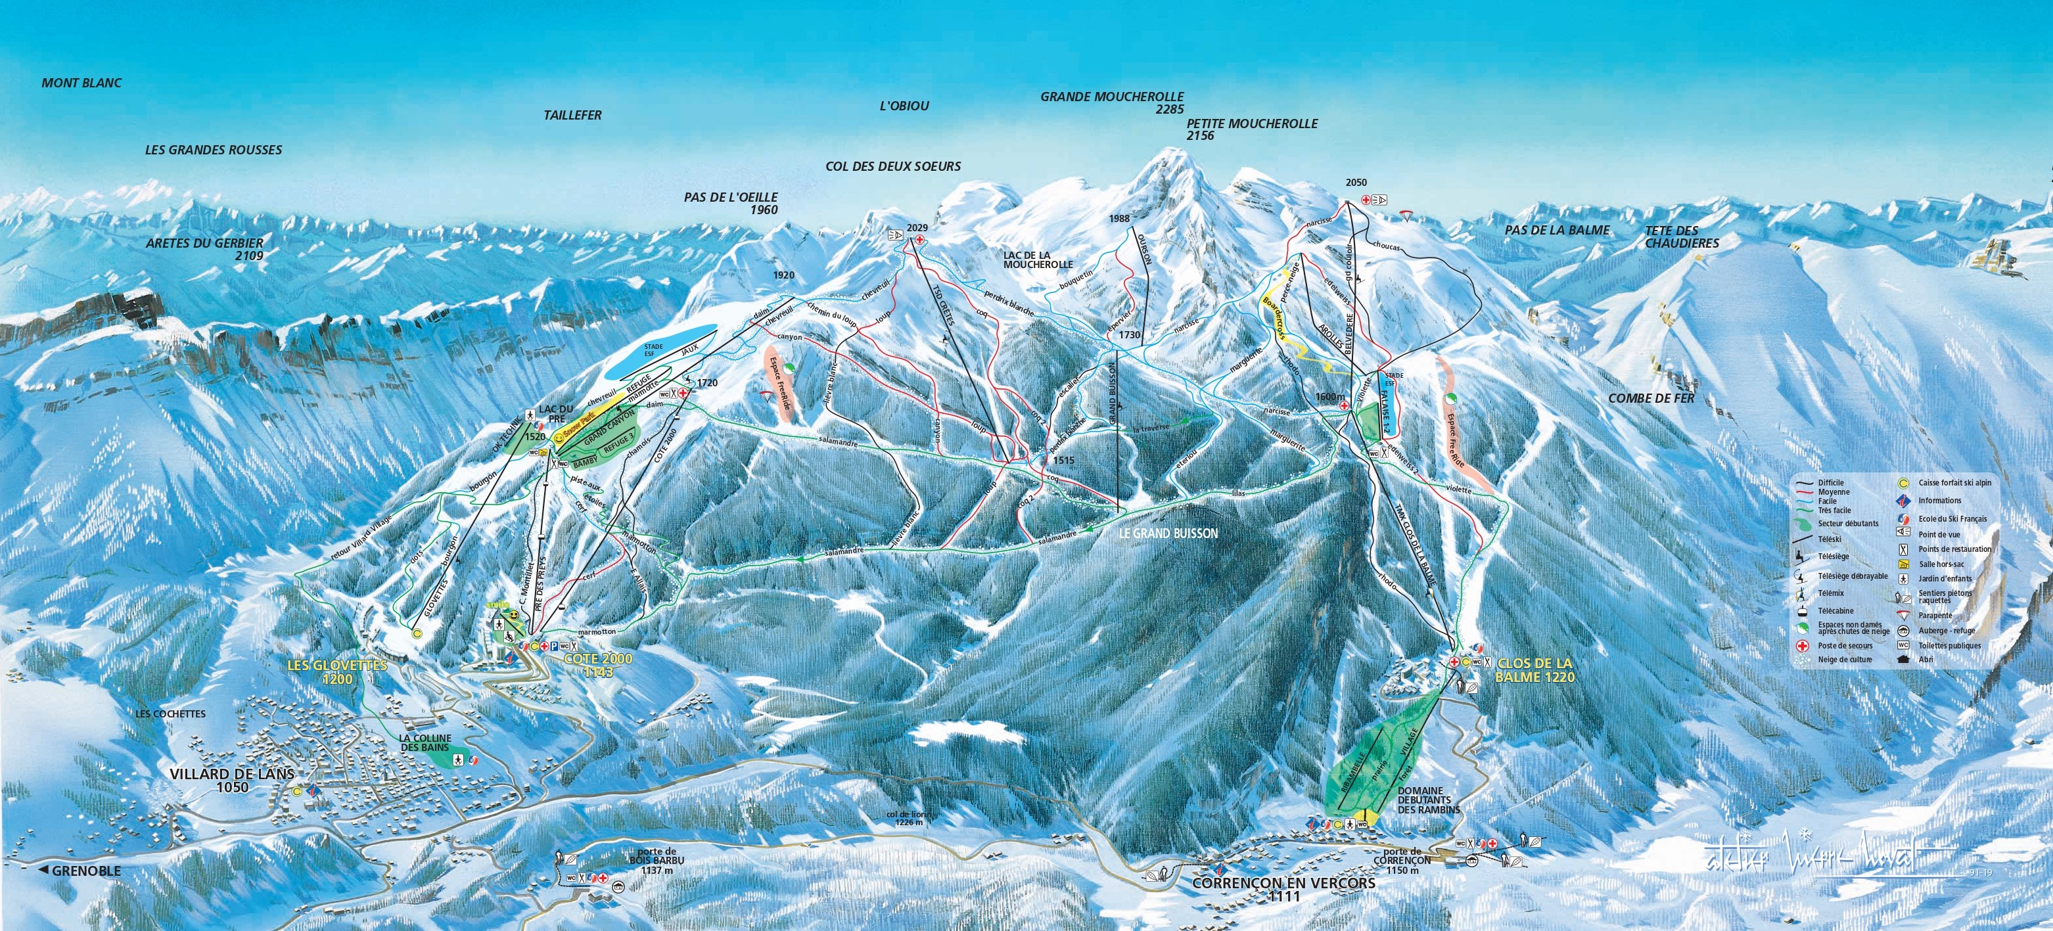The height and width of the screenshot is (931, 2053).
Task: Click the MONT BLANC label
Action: [x=82, y=83]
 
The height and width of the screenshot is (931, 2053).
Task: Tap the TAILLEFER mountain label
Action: [x=572, y=116]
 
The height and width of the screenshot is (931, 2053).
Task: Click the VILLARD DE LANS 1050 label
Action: [x=232, y=781]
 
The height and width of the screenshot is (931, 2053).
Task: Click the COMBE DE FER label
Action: [x=1651, y=397]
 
